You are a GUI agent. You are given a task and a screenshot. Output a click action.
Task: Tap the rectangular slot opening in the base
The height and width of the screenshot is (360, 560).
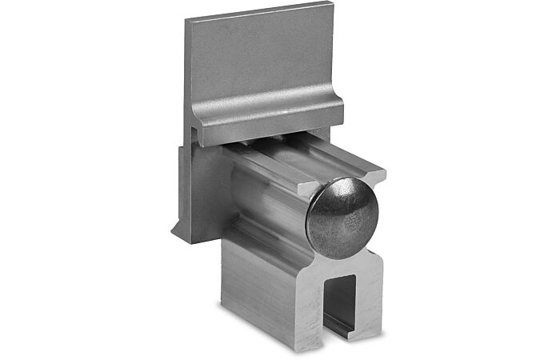341,304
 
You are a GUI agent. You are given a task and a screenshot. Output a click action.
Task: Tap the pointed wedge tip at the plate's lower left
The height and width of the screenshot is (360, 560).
174,235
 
